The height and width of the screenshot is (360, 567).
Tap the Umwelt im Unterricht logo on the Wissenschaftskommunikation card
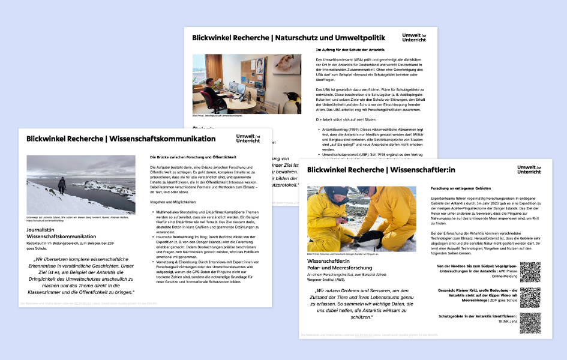tap(248, 139)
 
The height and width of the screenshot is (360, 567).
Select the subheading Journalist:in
tap(44, 230)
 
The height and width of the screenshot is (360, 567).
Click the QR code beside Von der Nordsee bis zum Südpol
tap(530, 272)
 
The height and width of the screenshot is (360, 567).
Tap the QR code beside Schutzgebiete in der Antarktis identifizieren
tap(530, 323)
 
